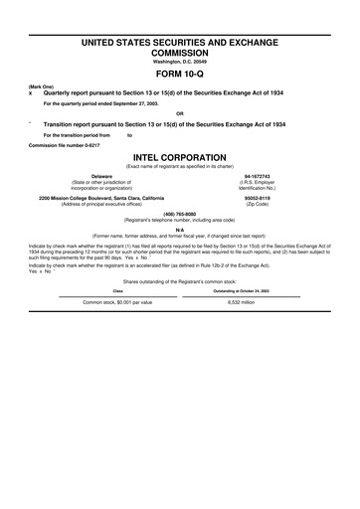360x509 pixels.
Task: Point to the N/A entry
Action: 180,228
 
